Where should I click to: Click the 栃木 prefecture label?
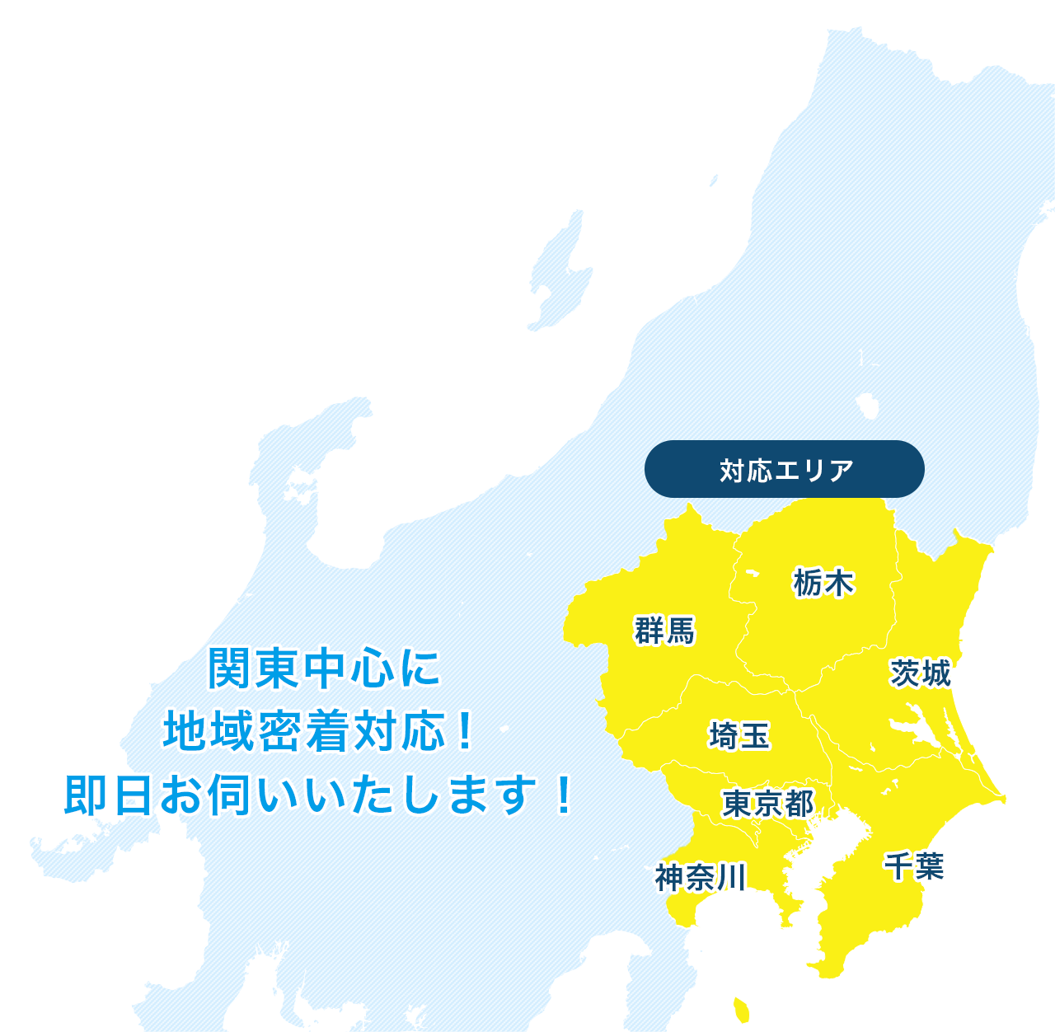click(x=823, y=583)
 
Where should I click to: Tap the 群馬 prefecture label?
click(x=664, y=631)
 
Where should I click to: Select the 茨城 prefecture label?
click(x=921, y=673)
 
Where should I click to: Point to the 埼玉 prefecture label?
click(x=739, y=735)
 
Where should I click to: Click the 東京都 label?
click(x=767, y=803)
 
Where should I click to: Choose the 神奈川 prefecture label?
click(x=701, y=878)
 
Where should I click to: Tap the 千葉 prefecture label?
click(x=914, y=866)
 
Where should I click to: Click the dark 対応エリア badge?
click(x=785, y=470)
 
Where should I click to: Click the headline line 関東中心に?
click(x=324, y=668)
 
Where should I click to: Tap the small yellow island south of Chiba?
click(x=741, y=1007)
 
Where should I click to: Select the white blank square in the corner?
click(x=181, y=173)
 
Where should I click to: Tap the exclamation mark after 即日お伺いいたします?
click(x=564, y=795)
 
